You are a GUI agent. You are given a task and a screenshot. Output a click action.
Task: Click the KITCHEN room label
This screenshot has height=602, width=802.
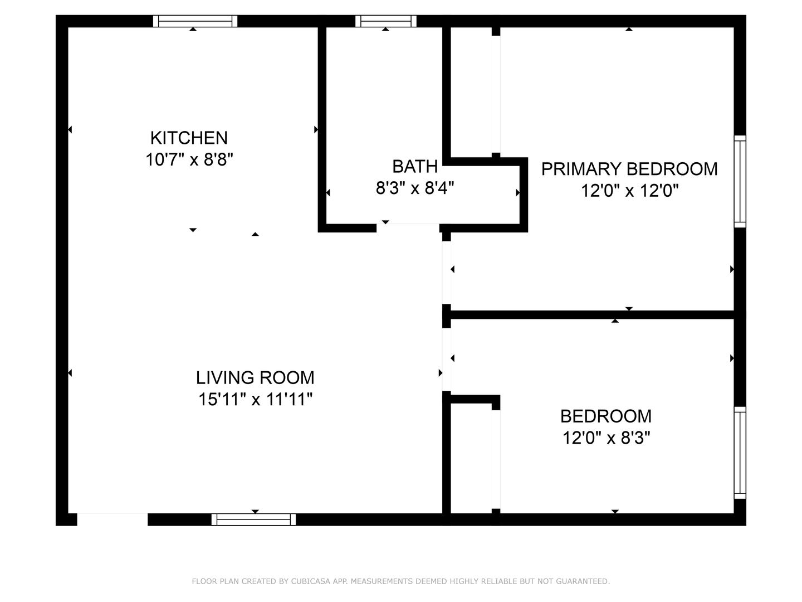tap(189, 138)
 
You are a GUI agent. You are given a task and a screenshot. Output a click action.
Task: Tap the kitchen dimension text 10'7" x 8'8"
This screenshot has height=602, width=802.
tap(189, 159)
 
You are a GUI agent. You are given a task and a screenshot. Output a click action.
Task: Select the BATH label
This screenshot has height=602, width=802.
tap(415, 167)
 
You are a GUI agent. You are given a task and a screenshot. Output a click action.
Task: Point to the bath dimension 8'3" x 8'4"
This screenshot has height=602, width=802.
tap(415, 188)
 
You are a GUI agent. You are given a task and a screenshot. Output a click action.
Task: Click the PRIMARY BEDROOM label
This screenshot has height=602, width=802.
tap(629, 169)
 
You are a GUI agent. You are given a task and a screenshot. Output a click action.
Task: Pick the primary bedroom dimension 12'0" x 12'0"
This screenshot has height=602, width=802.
tap(629, 191)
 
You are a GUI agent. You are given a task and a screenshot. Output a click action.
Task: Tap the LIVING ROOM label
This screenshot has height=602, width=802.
tap(255, 377)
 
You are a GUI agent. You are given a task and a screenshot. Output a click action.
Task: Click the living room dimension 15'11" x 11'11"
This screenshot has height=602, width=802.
tap(255, 399)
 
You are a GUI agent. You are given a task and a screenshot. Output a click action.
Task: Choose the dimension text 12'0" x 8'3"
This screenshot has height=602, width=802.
tap(606, 438)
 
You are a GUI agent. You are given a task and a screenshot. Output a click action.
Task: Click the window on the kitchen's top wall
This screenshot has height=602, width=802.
tap(195, 21)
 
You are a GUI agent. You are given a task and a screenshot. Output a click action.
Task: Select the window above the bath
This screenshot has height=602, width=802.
tap(386, 21)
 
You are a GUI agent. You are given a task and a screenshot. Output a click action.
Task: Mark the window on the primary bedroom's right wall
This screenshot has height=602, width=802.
tap(740, 182)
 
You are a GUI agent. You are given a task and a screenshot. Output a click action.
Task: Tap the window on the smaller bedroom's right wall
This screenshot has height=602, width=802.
tap(740, 453)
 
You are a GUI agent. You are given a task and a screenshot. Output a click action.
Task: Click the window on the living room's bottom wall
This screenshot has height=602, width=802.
tap(253, 520)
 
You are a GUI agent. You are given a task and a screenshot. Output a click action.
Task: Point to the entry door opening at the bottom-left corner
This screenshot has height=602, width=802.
tap(112, 520)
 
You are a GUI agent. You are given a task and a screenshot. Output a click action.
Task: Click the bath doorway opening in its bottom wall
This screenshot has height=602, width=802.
tap(408, 228)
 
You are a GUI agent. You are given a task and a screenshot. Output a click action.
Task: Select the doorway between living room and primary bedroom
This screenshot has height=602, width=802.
tap(447, 273)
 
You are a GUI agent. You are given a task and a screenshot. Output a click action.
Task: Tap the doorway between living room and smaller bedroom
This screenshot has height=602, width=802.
tap(447, 360)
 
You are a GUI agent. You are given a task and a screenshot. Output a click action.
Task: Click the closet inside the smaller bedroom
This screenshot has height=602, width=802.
tap(471, 459)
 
